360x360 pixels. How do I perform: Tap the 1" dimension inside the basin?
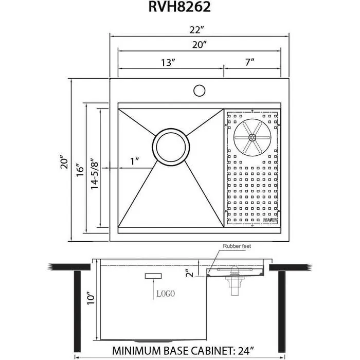[x=135, y=161]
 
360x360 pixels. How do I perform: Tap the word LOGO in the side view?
[x=164, y=294]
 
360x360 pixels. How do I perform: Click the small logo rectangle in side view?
[x=153, y=277]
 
